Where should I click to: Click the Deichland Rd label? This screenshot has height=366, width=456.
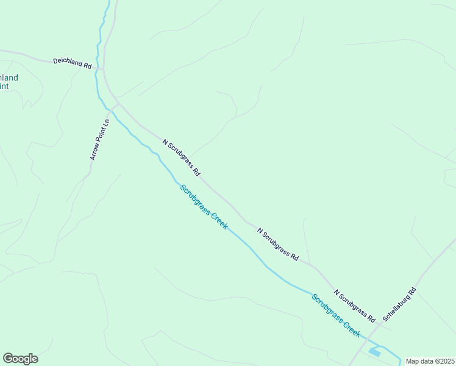(x=72, y=62)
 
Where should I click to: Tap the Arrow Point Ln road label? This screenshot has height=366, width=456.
(x=99, y=139)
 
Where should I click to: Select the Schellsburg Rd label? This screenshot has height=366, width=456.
(x=399, y=304)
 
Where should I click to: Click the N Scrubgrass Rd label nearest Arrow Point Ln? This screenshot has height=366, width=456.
(x=181, y=157)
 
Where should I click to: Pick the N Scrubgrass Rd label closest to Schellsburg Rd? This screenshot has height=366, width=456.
(x=354, y=304)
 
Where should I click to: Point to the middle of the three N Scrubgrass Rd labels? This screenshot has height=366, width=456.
(x=278, y=244)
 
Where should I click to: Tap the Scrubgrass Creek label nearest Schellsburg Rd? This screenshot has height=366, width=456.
(x=336, y=316)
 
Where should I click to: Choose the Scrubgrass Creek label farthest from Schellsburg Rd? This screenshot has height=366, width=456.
(x=204, y=207)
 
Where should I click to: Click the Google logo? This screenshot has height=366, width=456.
(x=20, y=359)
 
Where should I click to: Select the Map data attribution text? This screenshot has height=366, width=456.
(x=430, y=361)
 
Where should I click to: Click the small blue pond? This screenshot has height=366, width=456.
(x=374, y=352)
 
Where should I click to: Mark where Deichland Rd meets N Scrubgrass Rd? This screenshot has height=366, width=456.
(x=103, y=68)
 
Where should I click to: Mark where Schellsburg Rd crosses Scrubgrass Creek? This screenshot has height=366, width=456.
(x=364, y=339)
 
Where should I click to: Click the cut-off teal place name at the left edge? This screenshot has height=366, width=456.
(x=9, y=82)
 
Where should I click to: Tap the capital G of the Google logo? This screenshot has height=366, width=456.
(x=8, y=359)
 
